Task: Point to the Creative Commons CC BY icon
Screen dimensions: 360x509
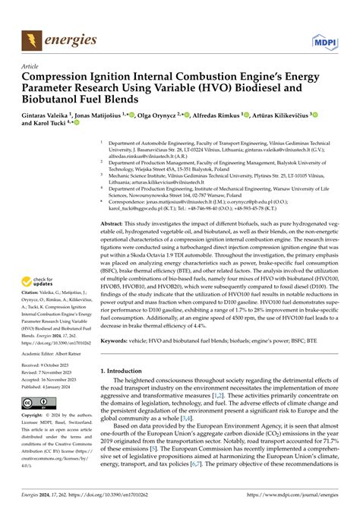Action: [36, 402]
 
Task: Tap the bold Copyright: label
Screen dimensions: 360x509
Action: [36, 416]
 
